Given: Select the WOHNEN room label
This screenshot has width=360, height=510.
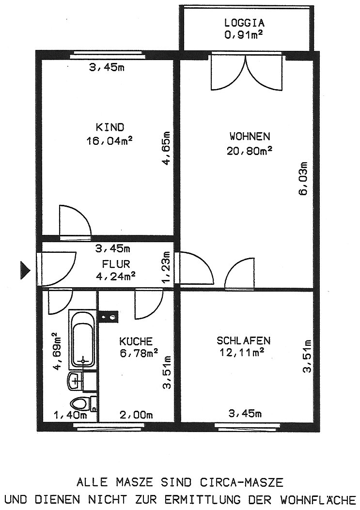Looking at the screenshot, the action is click(x=250, y=136).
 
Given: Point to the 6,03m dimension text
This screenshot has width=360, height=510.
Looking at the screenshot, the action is click(x=303, y=178).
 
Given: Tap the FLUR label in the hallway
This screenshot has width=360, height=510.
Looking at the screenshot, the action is click(x=116, y=263).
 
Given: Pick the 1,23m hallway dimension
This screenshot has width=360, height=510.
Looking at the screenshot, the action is click(x=166, y=267).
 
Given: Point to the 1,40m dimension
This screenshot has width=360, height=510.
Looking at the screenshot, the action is click(x=70, y=415).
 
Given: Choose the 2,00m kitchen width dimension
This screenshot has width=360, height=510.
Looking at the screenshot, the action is click(x=136, y=415).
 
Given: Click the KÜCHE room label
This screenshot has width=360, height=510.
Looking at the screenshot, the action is click(x=136, y=341).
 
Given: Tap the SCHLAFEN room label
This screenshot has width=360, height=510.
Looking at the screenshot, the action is click(x=243, y=340).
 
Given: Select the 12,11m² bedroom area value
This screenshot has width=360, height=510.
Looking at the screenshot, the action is click(x=241, y=352).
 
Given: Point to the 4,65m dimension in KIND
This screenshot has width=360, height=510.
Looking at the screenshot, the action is click(x=166, y=149).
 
